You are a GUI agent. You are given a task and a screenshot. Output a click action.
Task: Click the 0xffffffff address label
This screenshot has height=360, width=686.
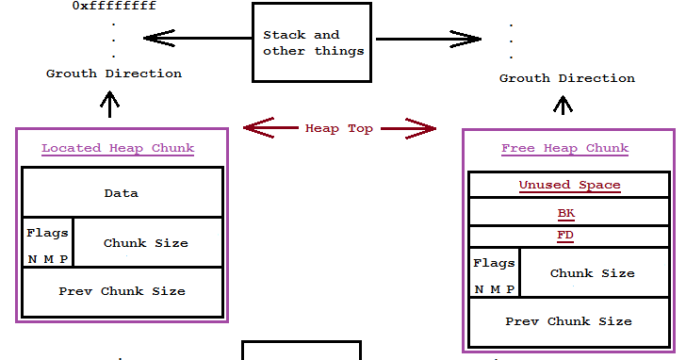click(114, 7)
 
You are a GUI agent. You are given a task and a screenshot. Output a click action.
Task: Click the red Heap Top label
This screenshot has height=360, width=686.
click(339, 128)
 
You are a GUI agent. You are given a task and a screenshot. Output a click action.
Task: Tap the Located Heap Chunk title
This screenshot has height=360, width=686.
click(118, 148)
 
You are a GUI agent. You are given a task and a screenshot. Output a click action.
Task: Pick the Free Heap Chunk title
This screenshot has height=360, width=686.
click(564, 148)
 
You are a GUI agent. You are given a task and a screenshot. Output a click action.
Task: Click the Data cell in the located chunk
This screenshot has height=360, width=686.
click(122, 193)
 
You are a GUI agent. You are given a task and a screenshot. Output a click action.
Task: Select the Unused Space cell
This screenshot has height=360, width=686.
click(569, 185)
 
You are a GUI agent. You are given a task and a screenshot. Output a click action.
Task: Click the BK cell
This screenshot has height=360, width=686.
click(565, 213)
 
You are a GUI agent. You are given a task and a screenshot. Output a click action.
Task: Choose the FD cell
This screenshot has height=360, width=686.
click(565, 236)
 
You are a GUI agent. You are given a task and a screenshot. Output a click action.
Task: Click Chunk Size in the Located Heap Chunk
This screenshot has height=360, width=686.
click(146, 243)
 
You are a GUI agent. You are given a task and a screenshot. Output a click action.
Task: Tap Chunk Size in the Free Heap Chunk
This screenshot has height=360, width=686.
click(592, 273)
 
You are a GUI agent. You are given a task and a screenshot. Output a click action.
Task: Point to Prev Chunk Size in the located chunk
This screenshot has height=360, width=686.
click(122, 291)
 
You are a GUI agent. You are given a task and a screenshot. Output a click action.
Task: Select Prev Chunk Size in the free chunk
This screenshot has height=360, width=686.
click(568, 321)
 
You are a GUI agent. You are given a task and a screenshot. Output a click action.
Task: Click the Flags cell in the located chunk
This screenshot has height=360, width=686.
click(47, 243)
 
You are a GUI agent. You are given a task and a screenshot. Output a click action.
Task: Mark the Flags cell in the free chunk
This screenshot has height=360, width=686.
click(494, 273)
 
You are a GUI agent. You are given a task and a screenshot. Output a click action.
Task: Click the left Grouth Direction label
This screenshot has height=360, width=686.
click(114, 73)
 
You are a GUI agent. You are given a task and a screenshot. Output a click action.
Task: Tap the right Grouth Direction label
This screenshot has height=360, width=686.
click(566, 77)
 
